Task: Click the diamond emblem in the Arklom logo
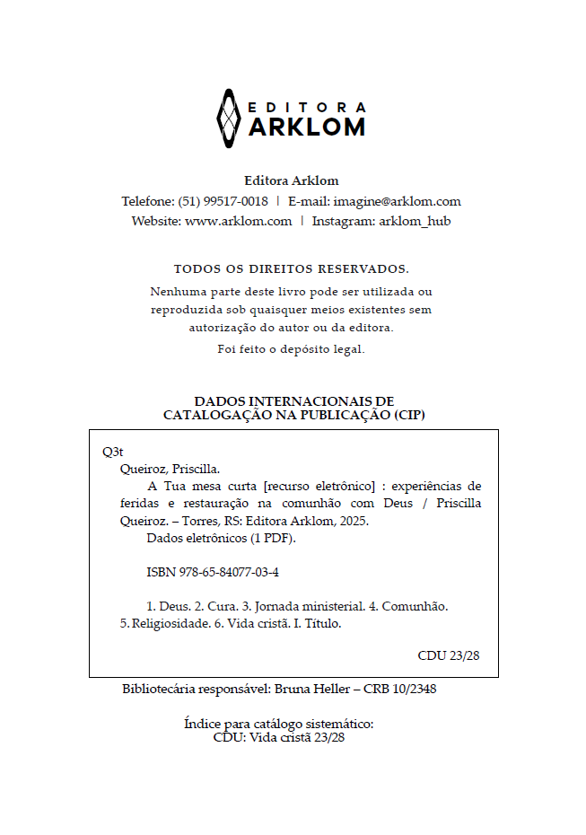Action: (x=229, y=119)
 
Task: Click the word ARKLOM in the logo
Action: (x=306, y=127)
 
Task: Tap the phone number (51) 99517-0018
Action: (x=223, y=201)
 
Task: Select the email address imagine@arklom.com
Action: (x=397, y=201)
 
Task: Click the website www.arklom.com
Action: (x=238, y=221)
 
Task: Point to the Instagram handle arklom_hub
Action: (x=415, y=221)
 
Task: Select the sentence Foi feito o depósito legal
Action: (x=291, y=349)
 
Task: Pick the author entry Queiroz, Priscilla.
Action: (x=170, y=469)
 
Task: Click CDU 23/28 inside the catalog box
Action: (x=449, y=655)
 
